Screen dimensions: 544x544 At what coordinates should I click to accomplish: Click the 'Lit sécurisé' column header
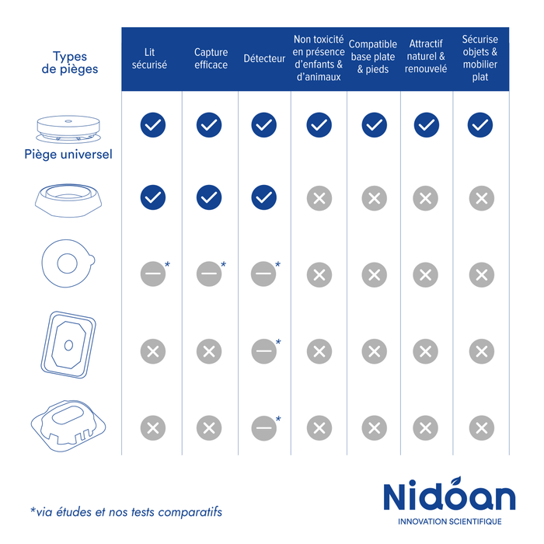coord(149,58)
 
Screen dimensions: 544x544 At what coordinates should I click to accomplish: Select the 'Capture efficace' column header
coord(211,58)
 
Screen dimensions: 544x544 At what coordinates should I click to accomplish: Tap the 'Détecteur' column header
coord(264,58)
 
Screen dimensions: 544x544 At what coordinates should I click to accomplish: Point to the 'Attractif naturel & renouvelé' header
coord(426,56)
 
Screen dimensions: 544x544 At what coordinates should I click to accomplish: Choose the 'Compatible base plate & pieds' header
coord(373,57)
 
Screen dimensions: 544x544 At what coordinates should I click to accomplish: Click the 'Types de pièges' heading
coord(70,62)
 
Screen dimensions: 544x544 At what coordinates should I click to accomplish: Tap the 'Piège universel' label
coord(68,155)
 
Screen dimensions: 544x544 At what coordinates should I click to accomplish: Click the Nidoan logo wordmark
coord(449,494)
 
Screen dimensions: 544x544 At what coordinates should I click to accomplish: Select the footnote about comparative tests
coord(126,512)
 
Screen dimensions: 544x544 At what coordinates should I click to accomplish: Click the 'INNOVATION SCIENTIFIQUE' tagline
coord(450,521)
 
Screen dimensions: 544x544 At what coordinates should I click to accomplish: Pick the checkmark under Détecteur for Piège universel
coord(264,125)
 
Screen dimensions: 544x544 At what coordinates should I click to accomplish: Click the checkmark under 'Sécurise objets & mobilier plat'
coord(480,125)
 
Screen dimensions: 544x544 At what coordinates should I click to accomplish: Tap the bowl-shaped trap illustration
coord(68,201)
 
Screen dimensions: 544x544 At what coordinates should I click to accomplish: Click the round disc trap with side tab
coord(68,263)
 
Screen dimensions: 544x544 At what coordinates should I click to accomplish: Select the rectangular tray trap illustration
coord(68,344)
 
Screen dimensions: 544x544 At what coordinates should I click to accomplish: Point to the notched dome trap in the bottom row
coord(68,426)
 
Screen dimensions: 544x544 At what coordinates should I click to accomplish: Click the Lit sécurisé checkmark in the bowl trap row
coord(153,197)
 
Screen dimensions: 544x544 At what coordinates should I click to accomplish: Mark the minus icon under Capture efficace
coord(209,274)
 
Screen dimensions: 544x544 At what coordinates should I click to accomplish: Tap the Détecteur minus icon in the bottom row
coord(264,428)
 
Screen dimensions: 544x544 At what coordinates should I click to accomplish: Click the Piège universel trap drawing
coord(68,129)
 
